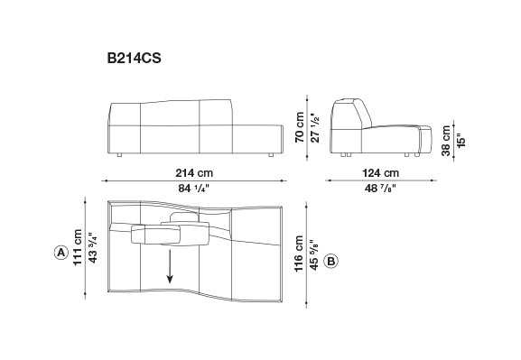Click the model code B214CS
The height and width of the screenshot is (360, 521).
click(x=134, y=58)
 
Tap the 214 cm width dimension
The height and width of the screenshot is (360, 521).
click(x=194, y=173)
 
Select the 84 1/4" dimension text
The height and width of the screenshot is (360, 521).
click(x=194, y=189)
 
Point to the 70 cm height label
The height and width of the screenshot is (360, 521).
click(x=300, y=127)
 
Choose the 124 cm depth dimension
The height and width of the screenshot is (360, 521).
click(x=381, y=173)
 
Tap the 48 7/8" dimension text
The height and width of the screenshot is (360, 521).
click(x=380, y=189)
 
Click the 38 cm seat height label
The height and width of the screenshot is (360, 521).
click(x=446, y=141)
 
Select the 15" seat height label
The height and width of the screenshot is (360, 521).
click(x=461, y=141)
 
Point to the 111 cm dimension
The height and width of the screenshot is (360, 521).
click(x=78, y=247)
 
